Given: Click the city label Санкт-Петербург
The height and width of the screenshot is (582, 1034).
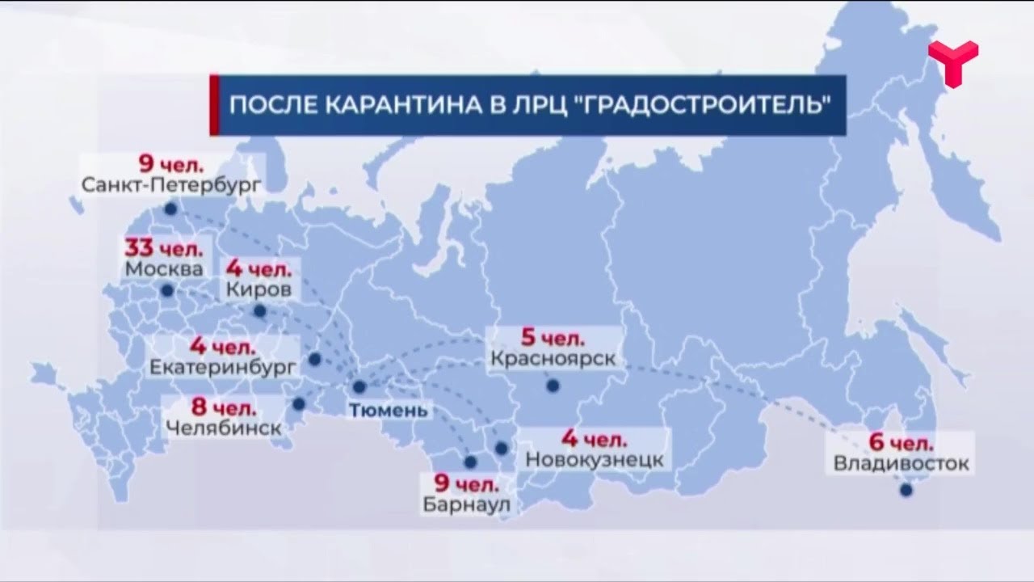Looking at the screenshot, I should click(x=171, y=184).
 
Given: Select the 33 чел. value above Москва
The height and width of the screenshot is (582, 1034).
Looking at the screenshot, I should click(x=164, y=247).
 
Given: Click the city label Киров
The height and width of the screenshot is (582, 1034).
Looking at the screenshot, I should click(x=254, y=289).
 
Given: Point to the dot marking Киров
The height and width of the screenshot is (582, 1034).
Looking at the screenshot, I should click(x=259, y=311).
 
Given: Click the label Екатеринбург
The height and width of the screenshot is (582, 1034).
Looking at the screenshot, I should click(x=223, y=366).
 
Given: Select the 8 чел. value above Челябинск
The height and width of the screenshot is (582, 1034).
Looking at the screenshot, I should click(x=225, y=407).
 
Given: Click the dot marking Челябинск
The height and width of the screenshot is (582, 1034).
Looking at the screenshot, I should click(x=299, y=403).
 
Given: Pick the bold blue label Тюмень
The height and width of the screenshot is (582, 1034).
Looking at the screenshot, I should click(x=388, y=410).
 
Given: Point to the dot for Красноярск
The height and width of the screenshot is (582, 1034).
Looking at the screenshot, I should click(x=553, y=386).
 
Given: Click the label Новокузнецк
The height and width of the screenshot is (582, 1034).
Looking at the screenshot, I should click(x=595, y=460).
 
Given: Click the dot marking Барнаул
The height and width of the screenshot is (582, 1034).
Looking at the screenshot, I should click(x=471, y=462).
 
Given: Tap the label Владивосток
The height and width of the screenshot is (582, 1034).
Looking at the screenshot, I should click(x=901, y=464).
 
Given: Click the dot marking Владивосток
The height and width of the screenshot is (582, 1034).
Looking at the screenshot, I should click(x=906, y=490).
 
